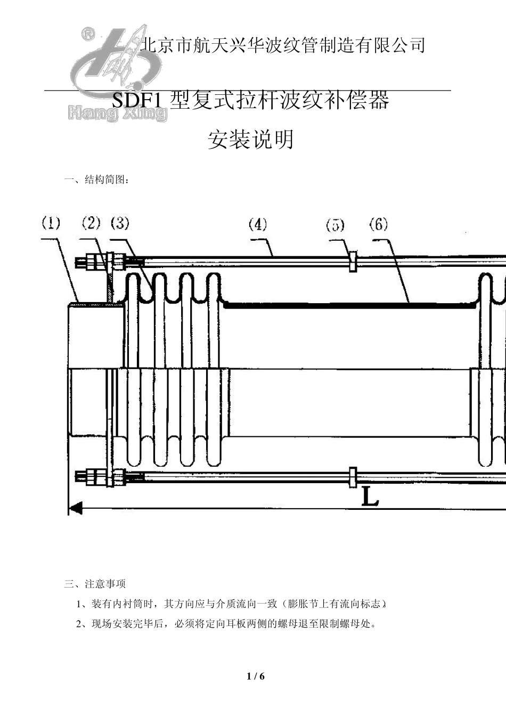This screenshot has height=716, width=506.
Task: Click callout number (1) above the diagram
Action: pyautogui.click(x=51, y=223)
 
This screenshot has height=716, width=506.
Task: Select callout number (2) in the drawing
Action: pyautogui.click(x=91, y=223)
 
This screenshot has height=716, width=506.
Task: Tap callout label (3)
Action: pyautogui.click(x=120, y=223)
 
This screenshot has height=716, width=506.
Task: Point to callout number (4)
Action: pyautogui.click(x=258, y=224)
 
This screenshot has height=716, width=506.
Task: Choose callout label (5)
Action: pyautogui.click(x=335, y=225)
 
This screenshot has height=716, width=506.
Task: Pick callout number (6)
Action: pyautogui.click(x=378, y=224)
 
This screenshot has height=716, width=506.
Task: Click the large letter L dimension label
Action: pyautogui.click(x=370, y=497)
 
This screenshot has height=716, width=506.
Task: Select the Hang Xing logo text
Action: pyautogui.click(x=118, y=113)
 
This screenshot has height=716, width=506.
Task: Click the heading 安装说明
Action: pyautogui.click(x=250, y=140)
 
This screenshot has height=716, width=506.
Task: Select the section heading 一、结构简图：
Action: pyautogui.click(x=96, y=180)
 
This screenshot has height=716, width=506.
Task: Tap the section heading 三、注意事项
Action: pyautogui.click(x=95, y=584)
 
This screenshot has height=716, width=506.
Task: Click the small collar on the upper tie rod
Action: pyautogui.click(x=353, y=261)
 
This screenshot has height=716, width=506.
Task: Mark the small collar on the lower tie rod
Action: pyautogui.click(x=353, y=477)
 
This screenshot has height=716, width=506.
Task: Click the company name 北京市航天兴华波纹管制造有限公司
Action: pyautogui.click(x=282, y=45)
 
